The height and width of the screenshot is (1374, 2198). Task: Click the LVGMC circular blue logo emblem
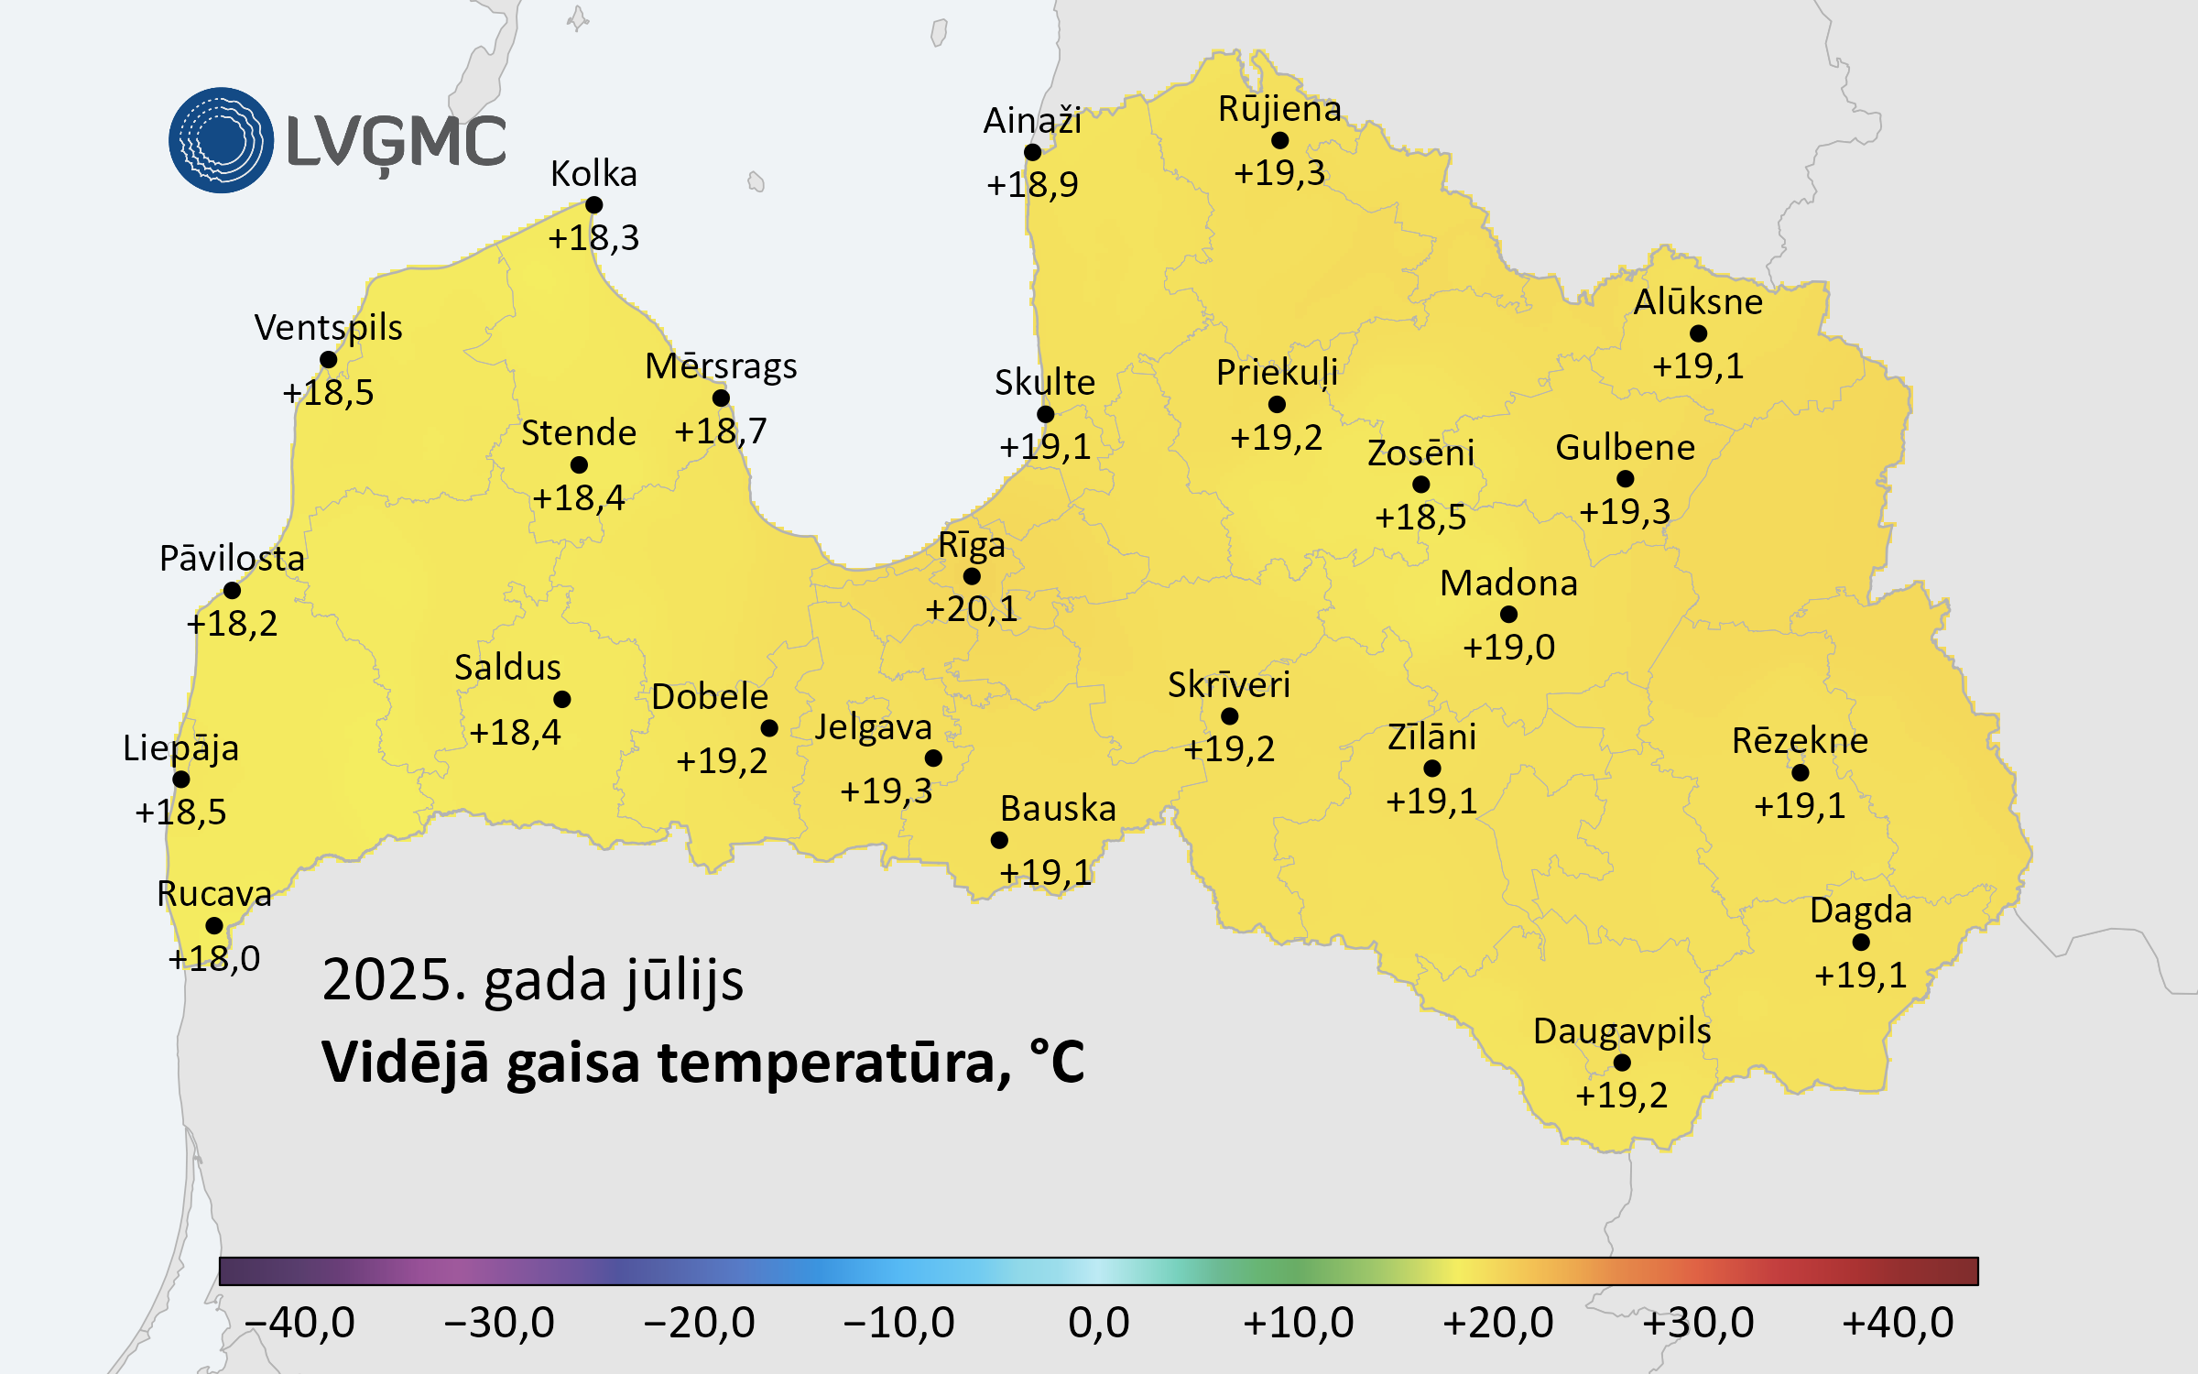click(221, 140)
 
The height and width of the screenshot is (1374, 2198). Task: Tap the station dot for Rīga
click(972, 576)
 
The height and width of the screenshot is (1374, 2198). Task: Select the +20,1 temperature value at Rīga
click(971, 609)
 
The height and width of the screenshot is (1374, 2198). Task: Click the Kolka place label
click(593, 174)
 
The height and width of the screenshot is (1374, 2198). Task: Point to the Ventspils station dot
click(329, 360)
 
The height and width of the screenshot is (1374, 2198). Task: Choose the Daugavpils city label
click(1622, 1031)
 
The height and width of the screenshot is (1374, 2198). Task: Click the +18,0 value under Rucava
click(214, 959)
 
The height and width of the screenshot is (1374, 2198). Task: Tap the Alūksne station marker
click(1698, 333)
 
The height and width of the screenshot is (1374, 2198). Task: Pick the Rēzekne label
click(1800, 741)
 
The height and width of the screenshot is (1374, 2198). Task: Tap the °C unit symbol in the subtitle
click(1057, 1062)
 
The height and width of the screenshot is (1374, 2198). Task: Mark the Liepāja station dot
click(181, 780)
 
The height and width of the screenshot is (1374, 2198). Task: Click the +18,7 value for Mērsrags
click(721, 431)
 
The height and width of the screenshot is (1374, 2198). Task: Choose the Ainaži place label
click(1032, 121)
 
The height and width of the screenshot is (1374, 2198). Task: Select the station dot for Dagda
click(1861, 942)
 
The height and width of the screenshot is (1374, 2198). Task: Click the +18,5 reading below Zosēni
click(1420, 518)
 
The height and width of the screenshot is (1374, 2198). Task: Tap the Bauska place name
click(1058, 809)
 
